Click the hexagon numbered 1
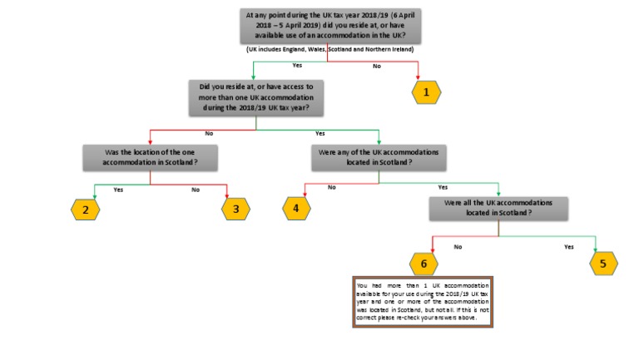tap(426, 92)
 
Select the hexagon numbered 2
tap(85, 210)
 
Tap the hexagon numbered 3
tap(235, 210)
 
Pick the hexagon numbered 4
tap(295, 209)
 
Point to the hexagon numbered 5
tap(603, 264)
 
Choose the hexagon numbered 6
tap(423, 264)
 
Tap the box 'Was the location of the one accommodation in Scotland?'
tap(150, 158)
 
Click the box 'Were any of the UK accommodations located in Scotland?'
tap(379, 158)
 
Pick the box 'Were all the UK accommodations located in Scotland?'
tap(498, 209)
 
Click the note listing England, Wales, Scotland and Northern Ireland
tap(329, 50)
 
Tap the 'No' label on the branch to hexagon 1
tap(377, 66)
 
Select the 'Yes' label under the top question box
tap(296, 66)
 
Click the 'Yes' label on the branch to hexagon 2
tap(118, 190)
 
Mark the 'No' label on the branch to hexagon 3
tap(196, 190)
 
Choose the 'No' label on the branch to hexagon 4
tap(332, 188)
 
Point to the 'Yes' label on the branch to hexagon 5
tap(569, 247)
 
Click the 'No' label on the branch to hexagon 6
tap(458, 247)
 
